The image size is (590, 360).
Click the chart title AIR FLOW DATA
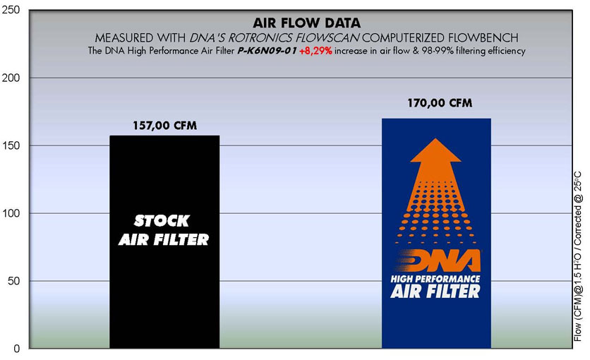pos(307,23)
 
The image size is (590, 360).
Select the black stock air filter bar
pos(164,242)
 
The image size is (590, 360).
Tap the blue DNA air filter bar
pos(436,233)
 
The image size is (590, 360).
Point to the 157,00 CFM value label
pos(165,125)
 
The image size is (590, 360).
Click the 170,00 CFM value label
pos(440,102)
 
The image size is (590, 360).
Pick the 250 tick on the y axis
pos(11,10)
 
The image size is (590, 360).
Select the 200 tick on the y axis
pos(11,78)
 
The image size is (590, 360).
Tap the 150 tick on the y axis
pos(11,145)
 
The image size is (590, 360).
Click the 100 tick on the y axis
pos(11,213)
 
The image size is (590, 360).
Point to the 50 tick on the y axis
pos(14,281)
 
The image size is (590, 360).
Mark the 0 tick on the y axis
pos(17,349)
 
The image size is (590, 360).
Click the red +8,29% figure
pos(315,51)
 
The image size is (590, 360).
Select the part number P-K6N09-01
pos(267,51)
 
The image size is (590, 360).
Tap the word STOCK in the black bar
pos(162,221)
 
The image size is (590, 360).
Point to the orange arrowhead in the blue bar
pos(435,150)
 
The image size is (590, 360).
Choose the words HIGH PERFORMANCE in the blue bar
pos(435,279)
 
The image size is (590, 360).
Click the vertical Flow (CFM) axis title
pos(578,256)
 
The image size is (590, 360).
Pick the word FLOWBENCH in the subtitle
pos(483,37)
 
